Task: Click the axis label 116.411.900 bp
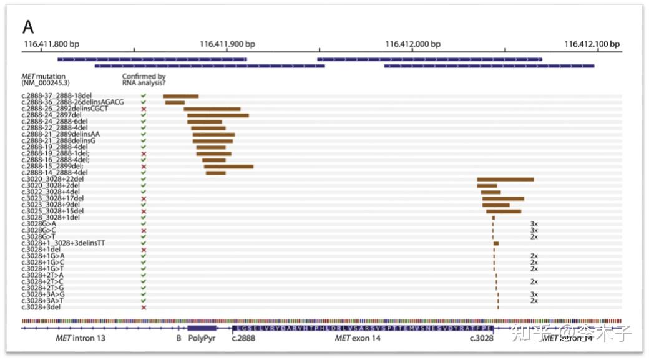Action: (x=227, y=44)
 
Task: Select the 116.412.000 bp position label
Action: (x=413, y=44)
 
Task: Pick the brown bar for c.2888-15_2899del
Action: (x=228, y=167)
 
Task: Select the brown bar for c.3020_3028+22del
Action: (x=505, y=180)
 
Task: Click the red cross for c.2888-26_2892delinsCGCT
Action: (x=144, y=109)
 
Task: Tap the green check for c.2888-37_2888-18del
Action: (x=144, y=96)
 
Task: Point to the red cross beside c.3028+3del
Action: (x=144, y=308)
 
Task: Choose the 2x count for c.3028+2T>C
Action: (x=534, y=282)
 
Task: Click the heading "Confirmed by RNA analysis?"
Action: (x=144, y=80)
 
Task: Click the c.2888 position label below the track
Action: (x=243, y=339)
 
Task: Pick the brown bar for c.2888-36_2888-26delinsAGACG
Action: (x=175, y=102)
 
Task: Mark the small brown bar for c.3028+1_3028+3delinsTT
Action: (x=496, y=243)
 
